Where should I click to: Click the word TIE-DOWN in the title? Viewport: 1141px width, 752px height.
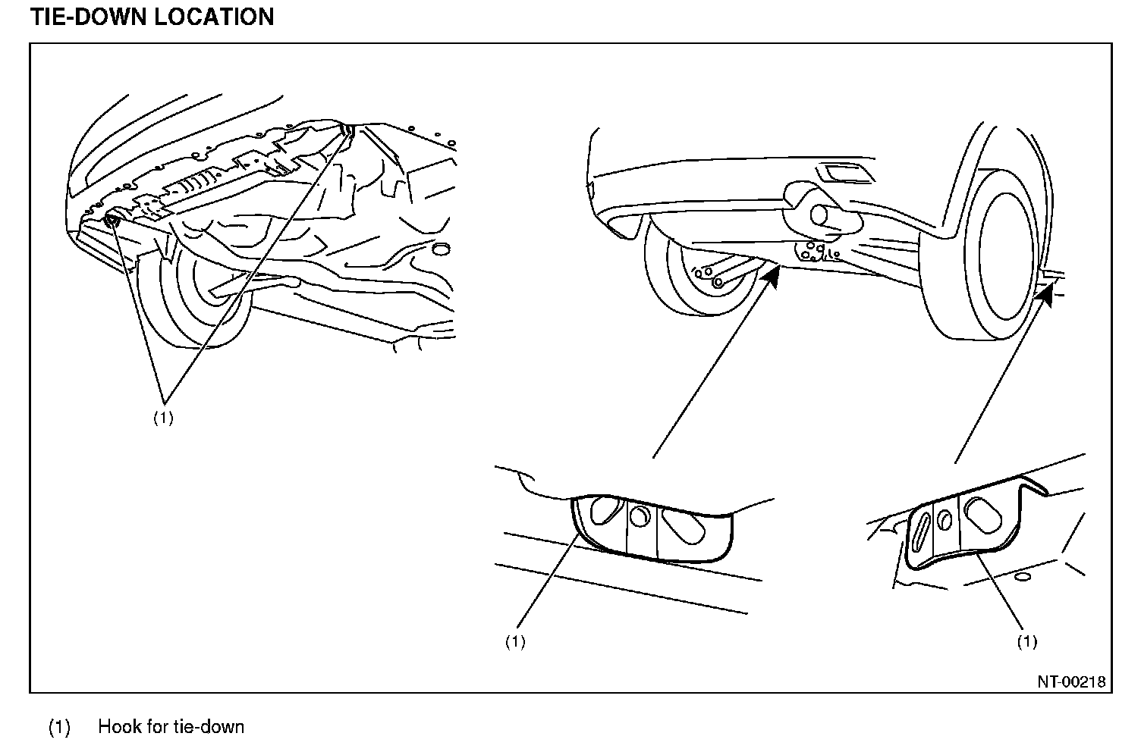89,17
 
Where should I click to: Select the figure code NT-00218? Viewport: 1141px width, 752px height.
1071,681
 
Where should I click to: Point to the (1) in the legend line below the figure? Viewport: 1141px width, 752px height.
59,728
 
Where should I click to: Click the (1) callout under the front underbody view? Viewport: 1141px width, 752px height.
163,418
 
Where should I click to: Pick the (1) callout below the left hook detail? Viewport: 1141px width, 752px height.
515,642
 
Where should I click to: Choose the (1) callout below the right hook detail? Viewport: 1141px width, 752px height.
1026,642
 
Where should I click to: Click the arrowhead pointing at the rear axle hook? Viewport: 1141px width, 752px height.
771,274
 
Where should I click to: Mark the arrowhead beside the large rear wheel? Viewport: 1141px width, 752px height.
1046,295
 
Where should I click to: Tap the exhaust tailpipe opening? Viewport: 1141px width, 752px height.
820,215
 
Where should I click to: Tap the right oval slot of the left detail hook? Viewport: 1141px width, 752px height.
680,524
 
